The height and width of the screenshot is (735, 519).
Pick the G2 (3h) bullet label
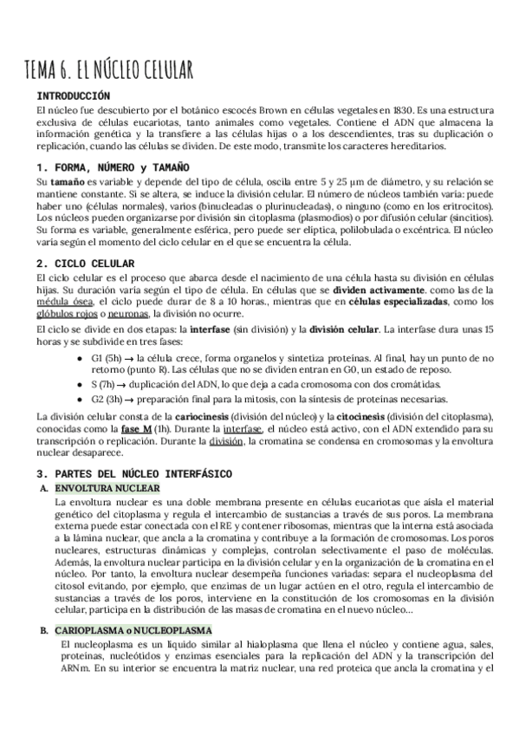[110, 399]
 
